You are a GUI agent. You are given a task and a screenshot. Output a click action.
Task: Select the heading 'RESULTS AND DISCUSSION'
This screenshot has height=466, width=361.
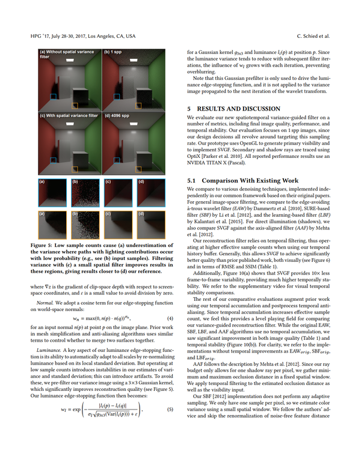click(234, 109)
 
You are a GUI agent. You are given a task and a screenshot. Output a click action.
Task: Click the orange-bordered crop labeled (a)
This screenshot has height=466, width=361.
click(53, 225)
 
